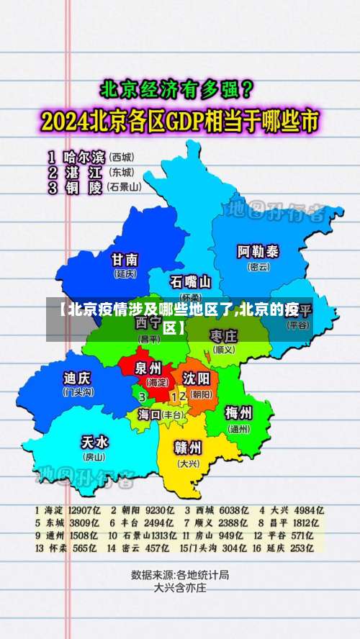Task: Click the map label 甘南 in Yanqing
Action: click(125, 260)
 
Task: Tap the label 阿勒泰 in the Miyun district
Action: click(258, 252)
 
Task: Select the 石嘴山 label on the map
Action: click(190, 281)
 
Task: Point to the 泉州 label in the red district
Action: click(150, 368)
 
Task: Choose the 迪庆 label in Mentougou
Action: click(77, 378)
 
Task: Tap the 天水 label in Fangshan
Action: click(94, 441)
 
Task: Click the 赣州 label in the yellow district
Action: click(188, 447)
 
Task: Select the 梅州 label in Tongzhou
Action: click(238, 414)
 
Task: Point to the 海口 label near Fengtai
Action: click(149, 414)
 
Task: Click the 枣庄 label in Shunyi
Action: click(223, 336)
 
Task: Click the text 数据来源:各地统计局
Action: click(180, 575)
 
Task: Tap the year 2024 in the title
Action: click(68, 121)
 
